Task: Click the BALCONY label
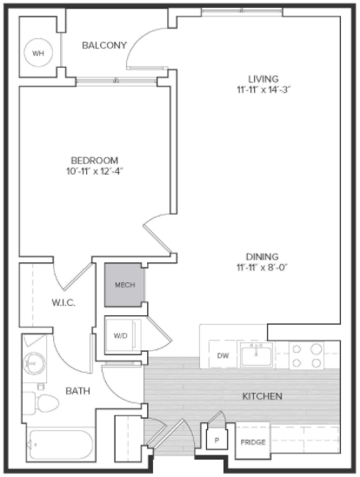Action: pos(104,45)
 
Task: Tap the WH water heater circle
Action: pos(38,53)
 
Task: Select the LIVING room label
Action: pos(263,79)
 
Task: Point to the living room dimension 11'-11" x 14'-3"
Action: pos(263,90)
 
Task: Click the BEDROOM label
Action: pos(95,161)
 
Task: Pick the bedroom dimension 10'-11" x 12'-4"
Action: pos(95,172)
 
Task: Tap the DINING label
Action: pos(263,256)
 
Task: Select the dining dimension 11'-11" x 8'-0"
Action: pos(263,268)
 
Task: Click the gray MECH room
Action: pos(125,285)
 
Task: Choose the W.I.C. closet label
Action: pos(63,302)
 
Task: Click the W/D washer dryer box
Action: pos(120,336)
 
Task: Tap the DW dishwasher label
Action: pos(223,355)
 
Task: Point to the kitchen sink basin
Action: pos(256,354)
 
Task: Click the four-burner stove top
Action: pos(306,354)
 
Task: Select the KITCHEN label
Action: pos(263,396)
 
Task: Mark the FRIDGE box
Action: pos(252,441)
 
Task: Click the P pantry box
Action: pos(217,440)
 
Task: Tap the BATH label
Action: pos(78,391)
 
